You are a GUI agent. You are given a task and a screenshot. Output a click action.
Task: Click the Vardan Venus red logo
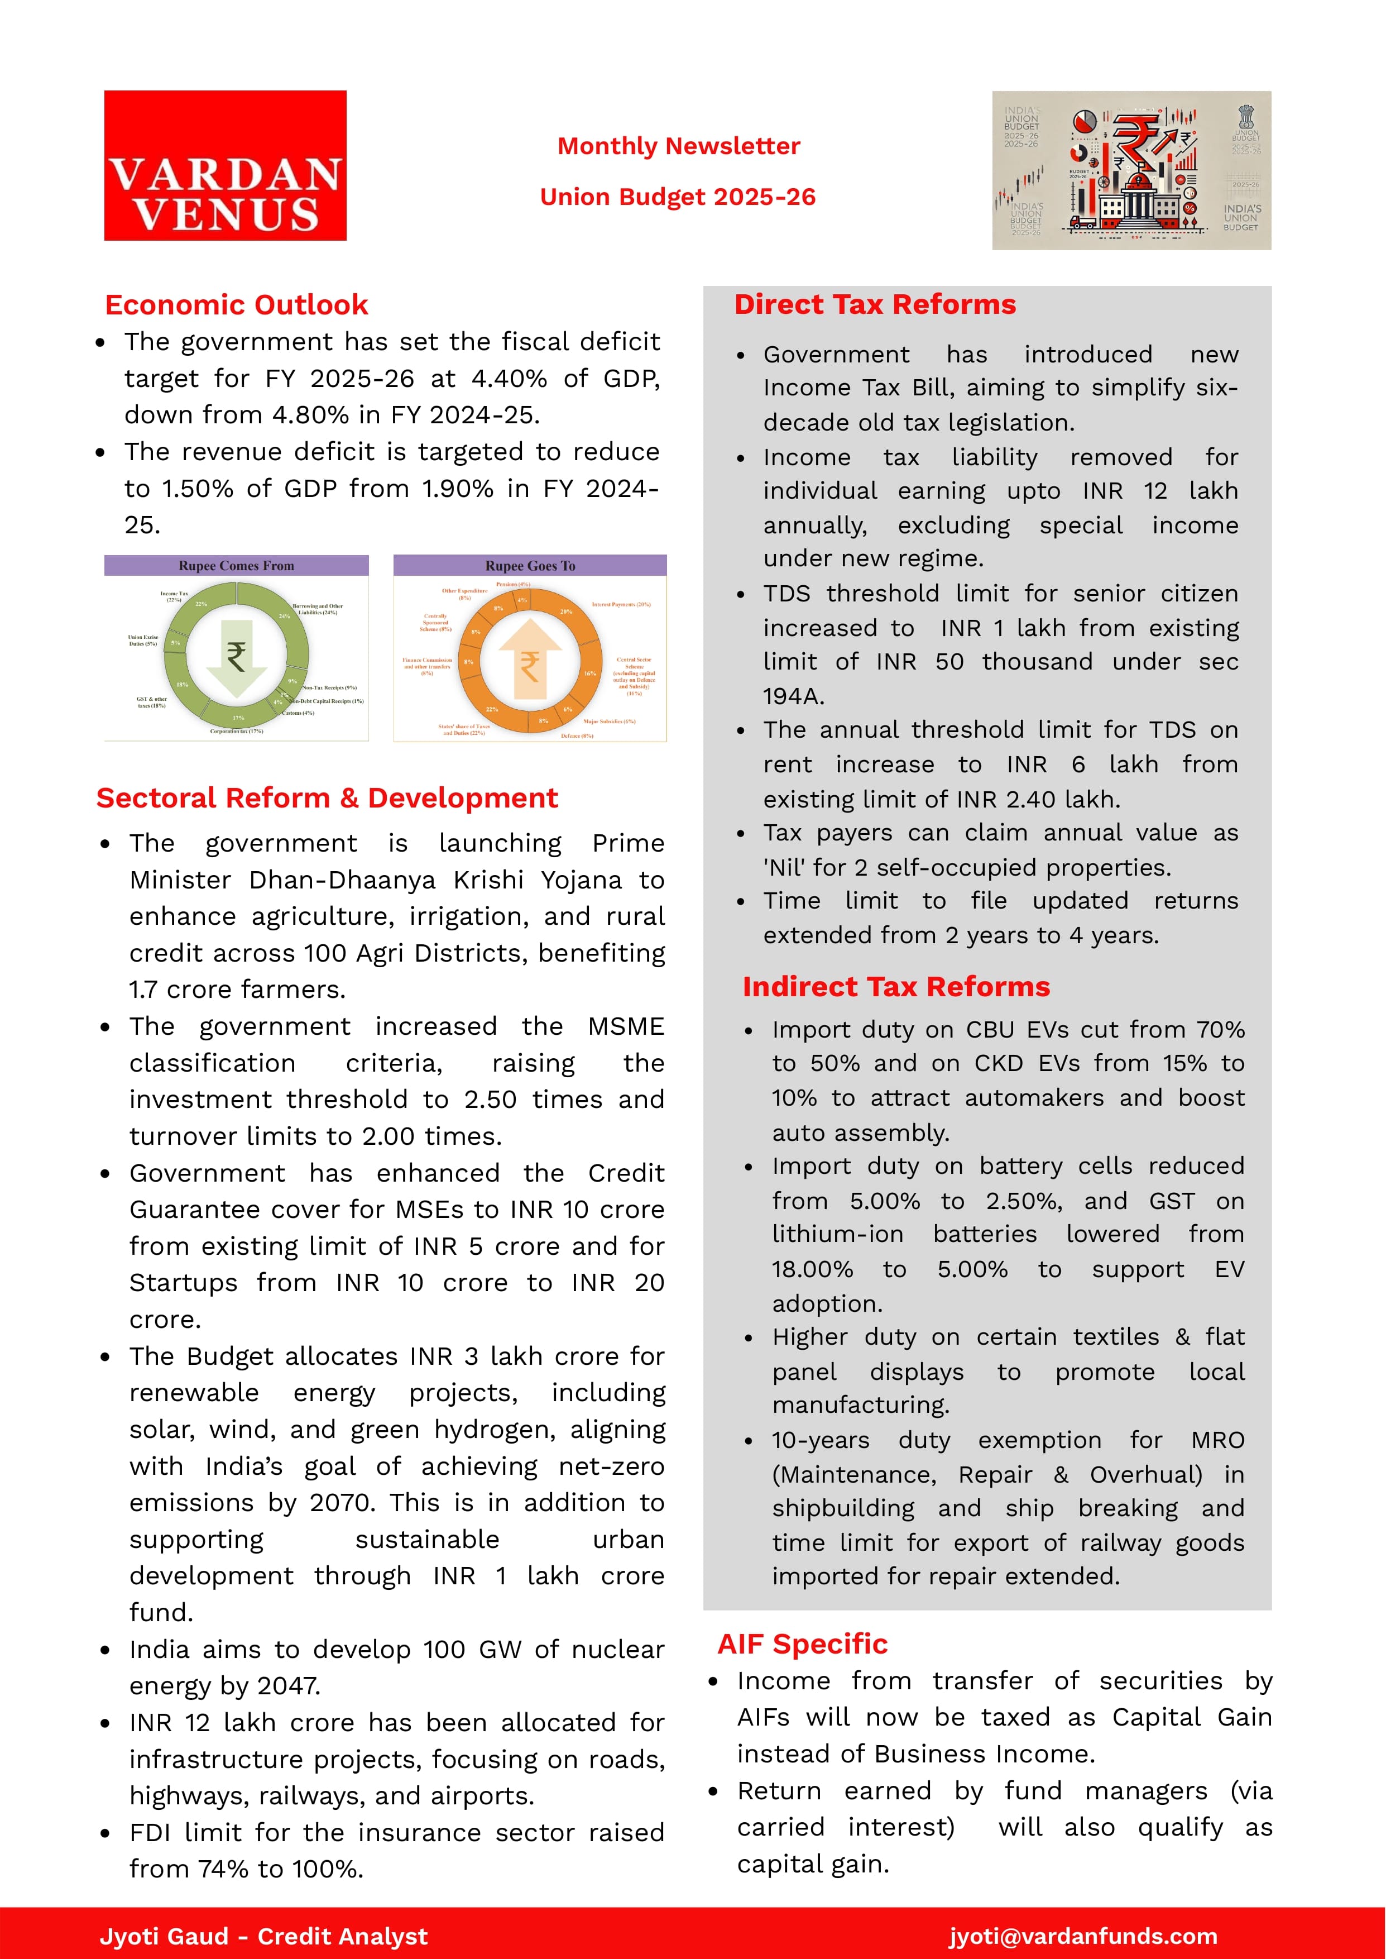(226, 166)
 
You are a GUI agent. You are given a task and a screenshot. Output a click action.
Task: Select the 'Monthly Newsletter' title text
(679, 146)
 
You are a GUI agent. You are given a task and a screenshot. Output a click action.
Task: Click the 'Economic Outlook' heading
(237, 305)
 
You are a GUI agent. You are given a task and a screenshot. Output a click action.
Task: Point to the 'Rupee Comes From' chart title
(237, 566)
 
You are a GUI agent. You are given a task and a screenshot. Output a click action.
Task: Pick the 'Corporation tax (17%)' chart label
(237, 732)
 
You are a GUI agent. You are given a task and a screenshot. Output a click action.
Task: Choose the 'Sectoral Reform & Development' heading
(327, 798)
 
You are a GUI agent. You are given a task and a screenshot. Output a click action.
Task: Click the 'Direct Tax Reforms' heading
(875, 305)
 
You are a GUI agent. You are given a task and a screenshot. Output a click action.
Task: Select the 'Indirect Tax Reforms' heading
(895, 987)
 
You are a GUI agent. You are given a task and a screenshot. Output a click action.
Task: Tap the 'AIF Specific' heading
(802, 1644)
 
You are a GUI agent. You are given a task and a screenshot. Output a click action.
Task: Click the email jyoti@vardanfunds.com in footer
(1083, 1936)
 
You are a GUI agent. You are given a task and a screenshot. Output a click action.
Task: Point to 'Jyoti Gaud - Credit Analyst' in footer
(263, 1936)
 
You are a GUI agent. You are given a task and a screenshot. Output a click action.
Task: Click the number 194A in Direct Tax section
(793, 696)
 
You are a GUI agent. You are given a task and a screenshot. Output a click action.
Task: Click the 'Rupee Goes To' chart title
(530, 566)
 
